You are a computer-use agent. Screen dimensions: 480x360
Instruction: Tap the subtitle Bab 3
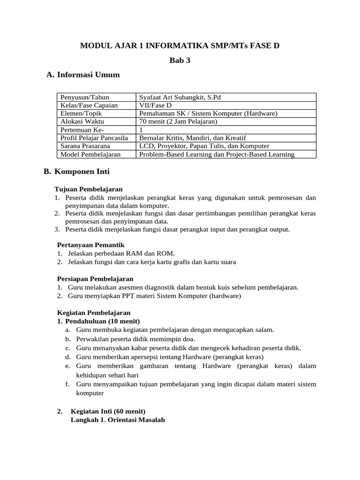(180, 60)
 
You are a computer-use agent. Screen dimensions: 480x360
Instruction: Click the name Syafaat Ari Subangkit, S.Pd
(180, 97)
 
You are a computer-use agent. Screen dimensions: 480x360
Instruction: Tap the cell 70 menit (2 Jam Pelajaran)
(179, 121)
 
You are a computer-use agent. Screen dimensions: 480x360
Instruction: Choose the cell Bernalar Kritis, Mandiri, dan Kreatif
(193, 138)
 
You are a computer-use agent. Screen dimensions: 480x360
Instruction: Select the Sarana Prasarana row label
(82, 146)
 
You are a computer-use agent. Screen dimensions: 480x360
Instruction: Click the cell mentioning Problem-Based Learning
(217, 154)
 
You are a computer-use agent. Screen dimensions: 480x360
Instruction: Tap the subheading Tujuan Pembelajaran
(89, 189)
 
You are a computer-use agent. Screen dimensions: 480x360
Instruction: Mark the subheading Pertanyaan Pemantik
(90, 245)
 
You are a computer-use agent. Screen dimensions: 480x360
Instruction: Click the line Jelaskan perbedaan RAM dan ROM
(121, 253)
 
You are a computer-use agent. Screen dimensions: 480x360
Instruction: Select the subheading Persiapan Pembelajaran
(95, 278)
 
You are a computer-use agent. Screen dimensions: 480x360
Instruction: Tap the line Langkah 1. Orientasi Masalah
(118, 420)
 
